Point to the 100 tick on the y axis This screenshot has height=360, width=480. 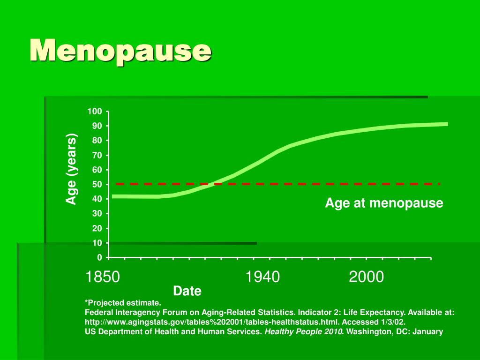pyautogui.click(x=94, y=111)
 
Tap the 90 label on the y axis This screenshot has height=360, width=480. pyautogui.click(x=97, y=126)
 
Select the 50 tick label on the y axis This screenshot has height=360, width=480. pyautogui.click(x=97, y=184)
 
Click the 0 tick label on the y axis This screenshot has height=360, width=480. pyautogui.click(x=99, y=257)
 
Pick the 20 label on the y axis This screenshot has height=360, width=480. pyautogui.click(x=97, y=228)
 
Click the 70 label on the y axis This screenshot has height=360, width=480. pyautogui.click(x=97, y=155)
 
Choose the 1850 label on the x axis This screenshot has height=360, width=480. pyautogui.click(x=103, y=277)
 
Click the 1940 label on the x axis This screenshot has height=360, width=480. pyautogui.click(x=262, y=277)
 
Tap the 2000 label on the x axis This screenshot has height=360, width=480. pyautogui.click(x=366, y=277)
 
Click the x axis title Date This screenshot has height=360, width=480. pyautogui.click(x=187, y=291)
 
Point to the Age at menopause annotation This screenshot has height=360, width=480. pyautogui.click(x=384, y=203)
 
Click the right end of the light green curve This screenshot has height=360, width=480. pyautogui.click(x=447, y=124)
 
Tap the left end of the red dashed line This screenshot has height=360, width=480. pyautogui.click(x=117, y=184)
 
